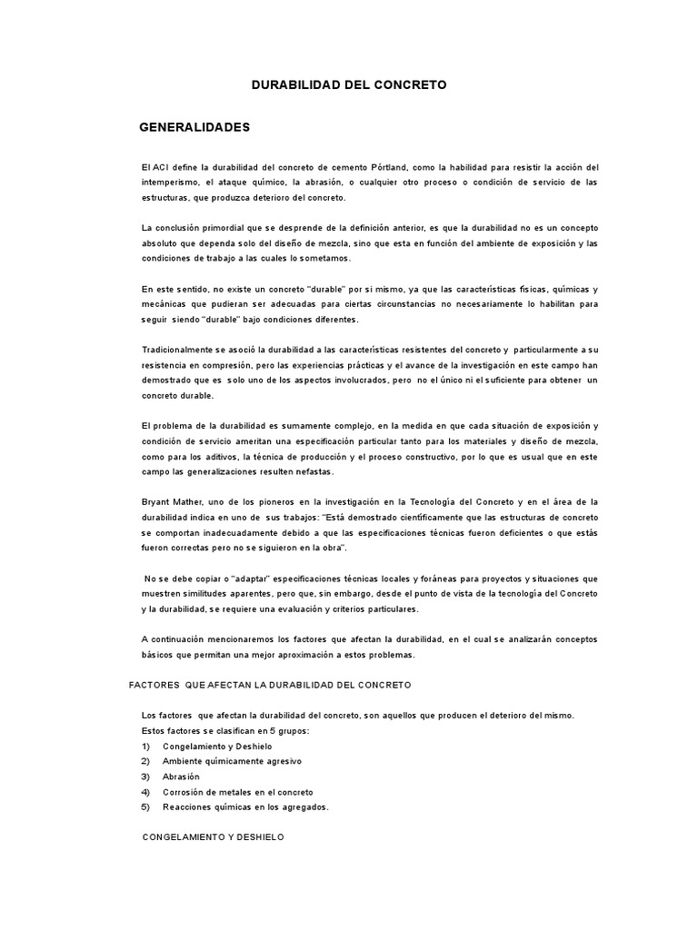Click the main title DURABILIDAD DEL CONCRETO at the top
pyautogui.click(x=349, y=84)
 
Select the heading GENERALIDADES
pyautogui.click(x=194, y=127)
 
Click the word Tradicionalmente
pyautogui.click(x=182, y=350)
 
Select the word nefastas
pyautogui.click(x=310, y=472)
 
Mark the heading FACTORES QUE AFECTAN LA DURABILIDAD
pyautogui.click(x=271, y=684)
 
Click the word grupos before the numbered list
pyautogui.click(x=290, y=730)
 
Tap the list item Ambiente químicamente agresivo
pyautogui.click(x=232, y=761)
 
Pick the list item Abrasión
pyautogui.click(x=182, y=777)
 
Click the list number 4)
pyautogui.click(x=145, y=792)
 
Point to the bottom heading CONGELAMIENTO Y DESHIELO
pyautogui.click(x=214, y=836)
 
